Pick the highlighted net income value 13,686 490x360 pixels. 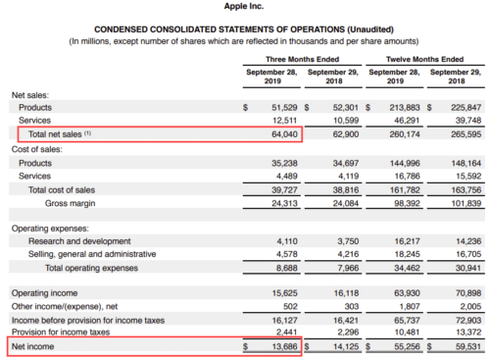tap(281, 346)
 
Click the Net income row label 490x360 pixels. tap(32, 346)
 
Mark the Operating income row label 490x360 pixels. tap(45, 292)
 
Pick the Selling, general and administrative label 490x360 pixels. tap(89, 253)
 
